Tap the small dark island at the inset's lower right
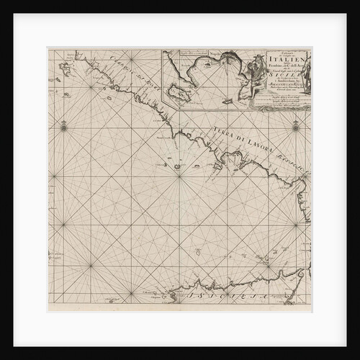click(227, 101)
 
